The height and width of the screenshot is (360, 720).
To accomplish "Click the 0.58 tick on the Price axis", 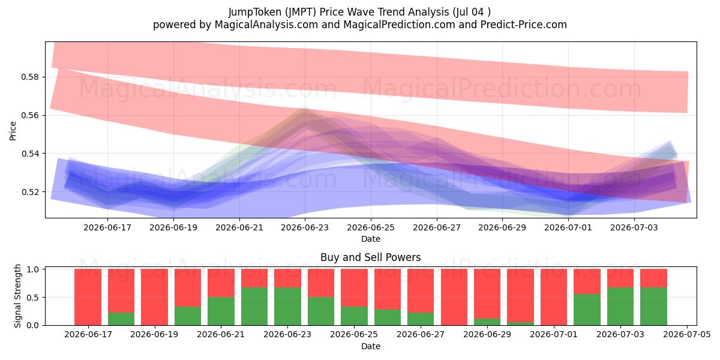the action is (x=29, y=77).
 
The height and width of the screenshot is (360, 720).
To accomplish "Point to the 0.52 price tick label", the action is (x=29, y=192).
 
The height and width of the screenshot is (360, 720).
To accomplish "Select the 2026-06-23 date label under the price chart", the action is (x=305, y=227).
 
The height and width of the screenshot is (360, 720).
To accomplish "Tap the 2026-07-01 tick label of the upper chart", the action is (x=568, y=227).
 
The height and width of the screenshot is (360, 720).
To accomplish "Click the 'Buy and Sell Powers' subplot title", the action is (x=371, y=257).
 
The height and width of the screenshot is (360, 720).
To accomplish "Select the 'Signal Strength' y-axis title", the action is (x=17, y=296).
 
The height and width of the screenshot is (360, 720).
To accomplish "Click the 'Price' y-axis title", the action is (x=13, y=131).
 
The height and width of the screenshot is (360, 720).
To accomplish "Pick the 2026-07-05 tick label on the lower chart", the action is (x=687, y=335).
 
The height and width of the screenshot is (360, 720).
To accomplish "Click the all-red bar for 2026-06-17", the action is (x=88, y=297).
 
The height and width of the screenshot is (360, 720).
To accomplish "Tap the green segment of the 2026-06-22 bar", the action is (x=254, y=307).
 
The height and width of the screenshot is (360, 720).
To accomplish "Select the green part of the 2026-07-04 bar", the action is (x=653, y=307).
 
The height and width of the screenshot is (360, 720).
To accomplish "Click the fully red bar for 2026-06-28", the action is (x=454, y=297).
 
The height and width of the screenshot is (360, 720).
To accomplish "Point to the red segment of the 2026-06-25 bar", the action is (x=354, y=287).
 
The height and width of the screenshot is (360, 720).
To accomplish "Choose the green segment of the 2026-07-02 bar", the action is (x=587, y=310).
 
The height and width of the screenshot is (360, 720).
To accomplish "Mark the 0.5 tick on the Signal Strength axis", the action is (x=32, y=298).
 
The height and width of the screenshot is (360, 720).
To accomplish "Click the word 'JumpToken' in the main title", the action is (x=254, y=12).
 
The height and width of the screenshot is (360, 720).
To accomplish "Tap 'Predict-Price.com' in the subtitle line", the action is (x=524, y=25).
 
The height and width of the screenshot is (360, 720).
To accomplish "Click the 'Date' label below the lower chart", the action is (x=371, y=347).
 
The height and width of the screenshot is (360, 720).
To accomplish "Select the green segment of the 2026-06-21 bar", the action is (x=221, y=311).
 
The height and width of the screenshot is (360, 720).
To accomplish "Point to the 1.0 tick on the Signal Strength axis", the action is (x=32, y=269).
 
